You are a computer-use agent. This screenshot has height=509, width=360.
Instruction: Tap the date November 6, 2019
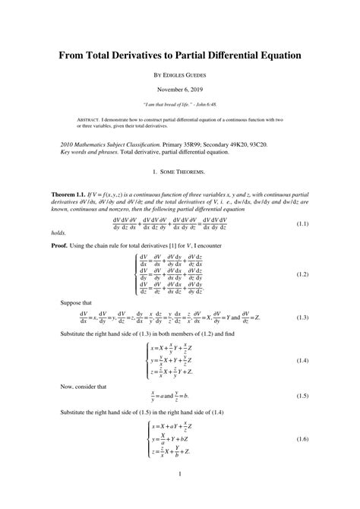180,90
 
